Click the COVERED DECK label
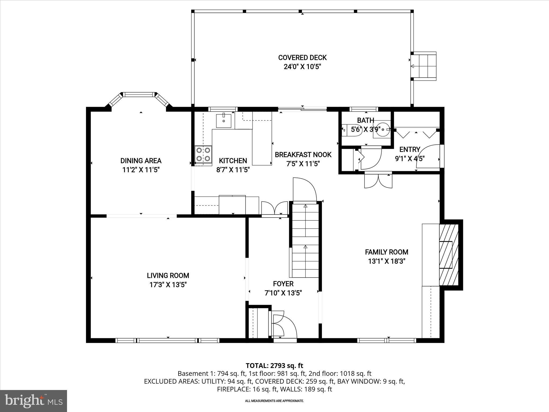(x=302, y=58)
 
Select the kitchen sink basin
(x=224, y=121)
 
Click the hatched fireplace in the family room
(x=448, y=255)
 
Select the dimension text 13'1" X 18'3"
(x=387, y=261)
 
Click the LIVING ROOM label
(x=168, y=275)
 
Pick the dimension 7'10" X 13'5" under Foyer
(x=283, y=293)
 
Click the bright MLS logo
(x=34, y=401)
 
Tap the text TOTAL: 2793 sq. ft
(x=274, y=366)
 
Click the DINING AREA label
(x=141, y=161)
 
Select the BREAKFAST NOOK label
(x=303, y=154)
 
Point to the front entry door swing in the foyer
(x=284, y=326)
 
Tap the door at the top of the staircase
(x=305, y=189)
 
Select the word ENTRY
(x=410, y=149)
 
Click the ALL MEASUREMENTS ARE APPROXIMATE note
(x=274, y=401)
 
